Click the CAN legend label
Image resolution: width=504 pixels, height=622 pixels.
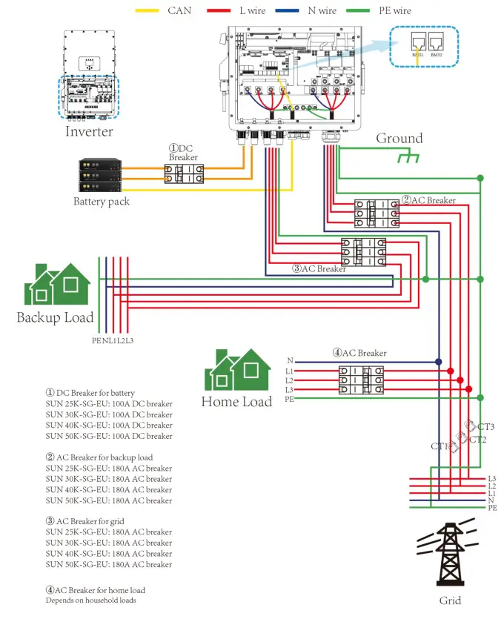(x=179, y=11)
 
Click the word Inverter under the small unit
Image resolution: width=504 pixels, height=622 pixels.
(x=89, y=131)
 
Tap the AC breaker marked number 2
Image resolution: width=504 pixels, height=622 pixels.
(x=376, y=214)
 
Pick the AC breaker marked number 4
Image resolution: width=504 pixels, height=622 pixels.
(x=362, y=379)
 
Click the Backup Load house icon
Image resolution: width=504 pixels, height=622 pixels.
(x=57, y=285)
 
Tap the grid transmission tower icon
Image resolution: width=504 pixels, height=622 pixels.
(x=448, y=555)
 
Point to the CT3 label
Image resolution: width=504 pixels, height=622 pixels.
(x=485, y=427)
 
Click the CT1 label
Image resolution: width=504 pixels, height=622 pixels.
(x=440, y=446)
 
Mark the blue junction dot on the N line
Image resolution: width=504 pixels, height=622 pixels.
(x=439, y=362)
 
